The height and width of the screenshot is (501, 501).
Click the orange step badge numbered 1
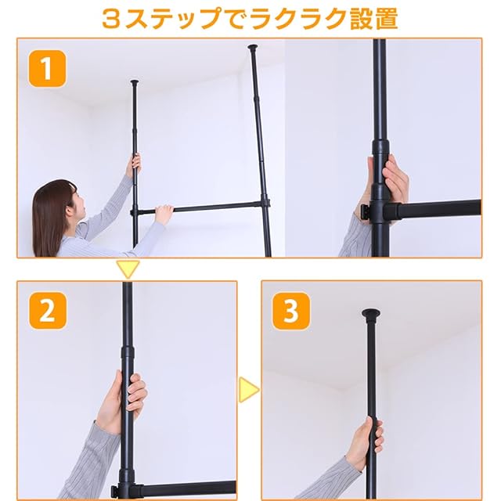[47, 69]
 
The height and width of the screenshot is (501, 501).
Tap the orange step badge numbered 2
[48, 311]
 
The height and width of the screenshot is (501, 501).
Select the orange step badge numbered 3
[291, 311]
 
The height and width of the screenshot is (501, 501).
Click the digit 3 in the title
[112, 19]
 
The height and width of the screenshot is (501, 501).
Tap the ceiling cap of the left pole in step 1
[135, 82]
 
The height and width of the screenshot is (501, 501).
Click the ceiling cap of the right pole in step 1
[253, 47]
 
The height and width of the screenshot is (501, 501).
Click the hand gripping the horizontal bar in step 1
[164, 214]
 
